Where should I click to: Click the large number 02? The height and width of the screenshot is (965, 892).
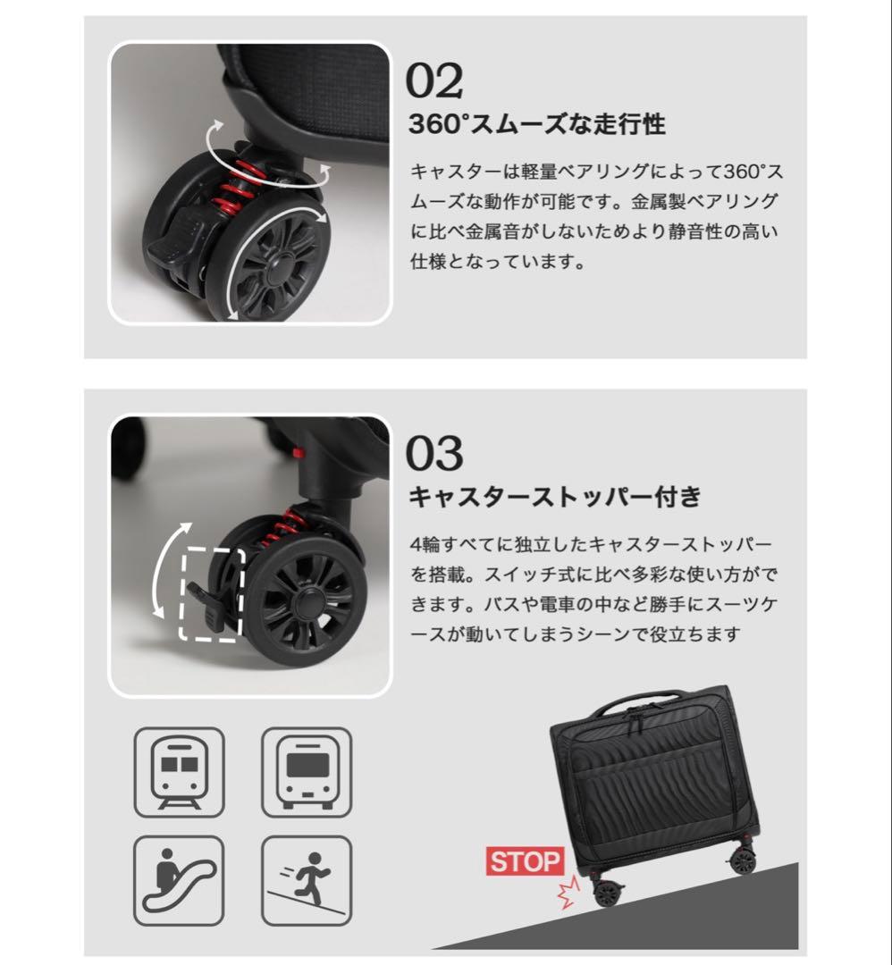tap(435, 81)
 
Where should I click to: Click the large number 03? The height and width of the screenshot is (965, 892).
tap(435, 453)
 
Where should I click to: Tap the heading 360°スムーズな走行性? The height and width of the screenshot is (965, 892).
tap(536, 125)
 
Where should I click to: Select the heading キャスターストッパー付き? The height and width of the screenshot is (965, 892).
tap(555, 496)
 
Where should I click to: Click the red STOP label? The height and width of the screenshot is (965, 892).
tap(525, 862)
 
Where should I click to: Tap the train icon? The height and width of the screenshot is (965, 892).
tap(179, 771)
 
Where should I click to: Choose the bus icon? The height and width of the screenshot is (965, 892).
tap(307, 771)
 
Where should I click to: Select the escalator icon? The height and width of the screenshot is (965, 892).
tap(179, 880)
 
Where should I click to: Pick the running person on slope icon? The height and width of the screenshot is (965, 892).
tap(307, 880)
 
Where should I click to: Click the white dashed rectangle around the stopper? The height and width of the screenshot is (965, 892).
tap(211, 594)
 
